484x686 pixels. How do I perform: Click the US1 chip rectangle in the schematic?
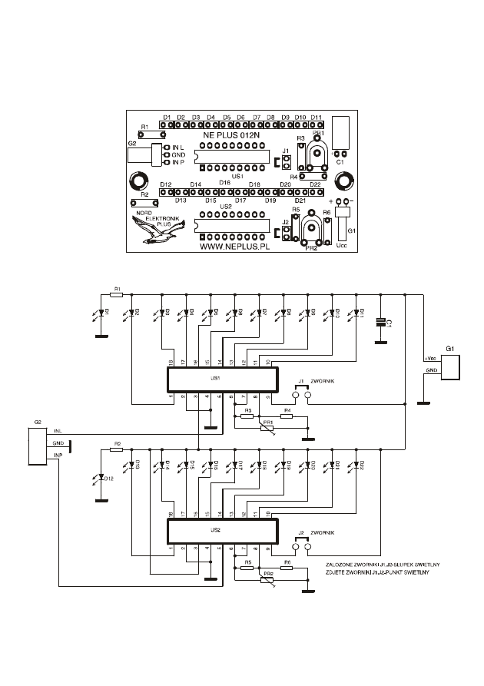click(222, 379)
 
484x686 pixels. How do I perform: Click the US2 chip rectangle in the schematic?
click(222, 531)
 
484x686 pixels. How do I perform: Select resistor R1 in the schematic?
click(117, 294)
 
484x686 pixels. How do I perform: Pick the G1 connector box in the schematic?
click(453, 365)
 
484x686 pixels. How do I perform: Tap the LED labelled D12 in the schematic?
click(101, 478)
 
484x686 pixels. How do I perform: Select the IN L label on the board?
click(178, 147)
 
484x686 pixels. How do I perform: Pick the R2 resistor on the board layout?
click(144, 202)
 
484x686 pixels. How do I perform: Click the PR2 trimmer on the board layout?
click(312, 230)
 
